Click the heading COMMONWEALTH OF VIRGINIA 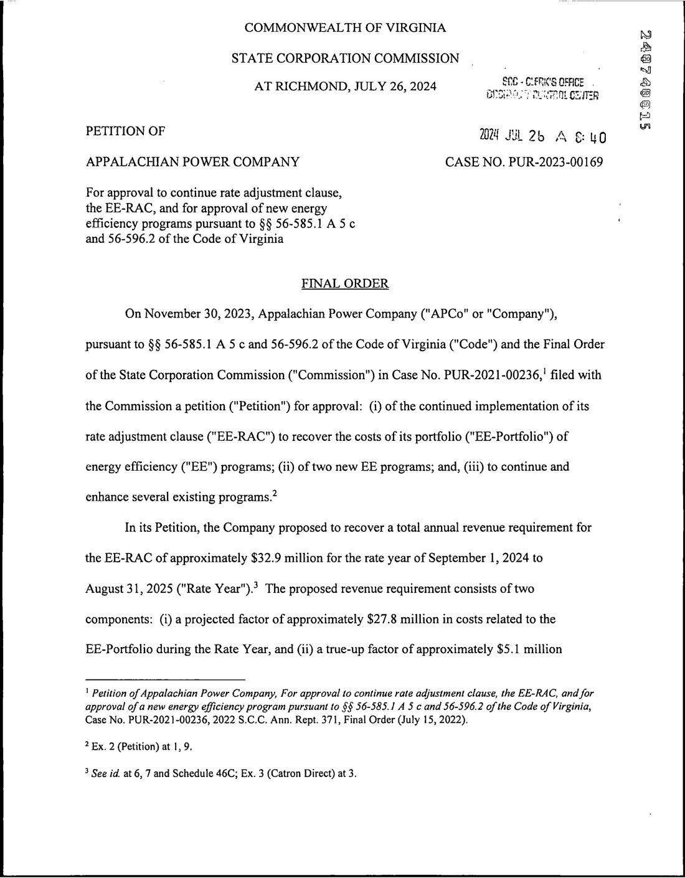[345, 27]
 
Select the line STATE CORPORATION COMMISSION [345, 59]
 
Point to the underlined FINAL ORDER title [345, 284]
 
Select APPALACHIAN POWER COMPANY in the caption [192, 163]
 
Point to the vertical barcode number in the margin [645, 81]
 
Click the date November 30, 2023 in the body [197, 313]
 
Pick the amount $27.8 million [398, 620]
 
